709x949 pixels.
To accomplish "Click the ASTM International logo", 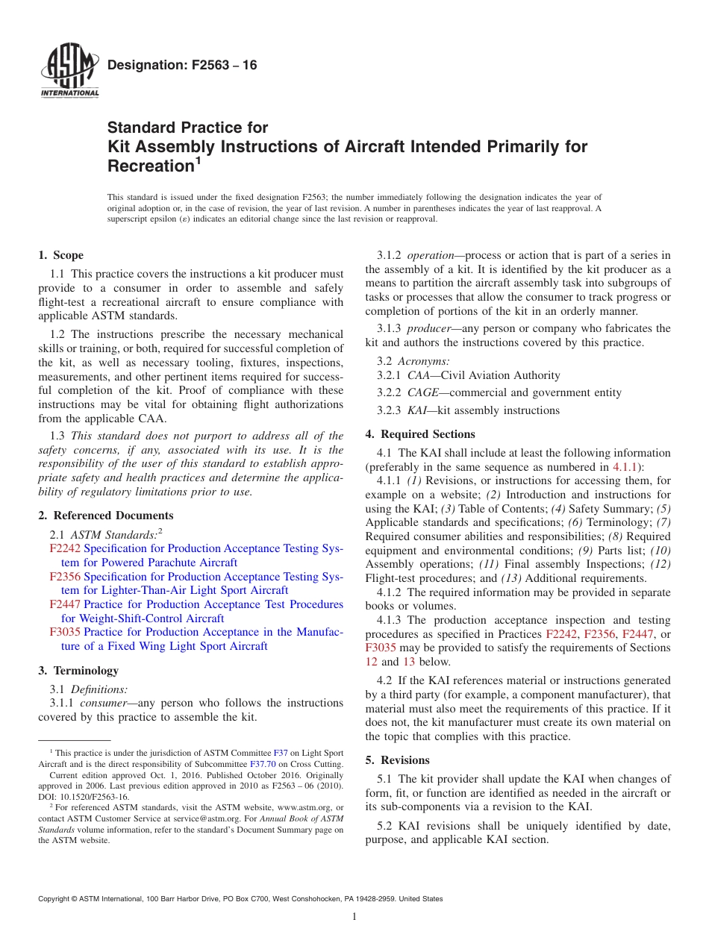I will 69,71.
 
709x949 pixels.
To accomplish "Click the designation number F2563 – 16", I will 182,65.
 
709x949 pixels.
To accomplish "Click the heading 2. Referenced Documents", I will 106,516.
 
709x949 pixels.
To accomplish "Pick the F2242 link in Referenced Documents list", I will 65,548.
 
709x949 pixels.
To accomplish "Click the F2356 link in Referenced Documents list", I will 65,577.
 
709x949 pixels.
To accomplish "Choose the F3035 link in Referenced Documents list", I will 65,632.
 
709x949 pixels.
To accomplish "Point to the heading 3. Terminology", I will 78,671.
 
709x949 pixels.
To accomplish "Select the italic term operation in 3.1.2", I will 431,255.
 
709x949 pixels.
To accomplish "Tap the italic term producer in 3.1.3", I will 428,328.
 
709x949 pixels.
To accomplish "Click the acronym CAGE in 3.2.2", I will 422,392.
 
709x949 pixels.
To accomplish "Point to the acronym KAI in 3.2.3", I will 417,410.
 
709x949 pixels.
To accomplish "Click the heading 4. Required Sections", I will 420,434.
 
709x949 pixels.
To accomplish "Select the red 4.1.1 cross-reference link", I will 625,467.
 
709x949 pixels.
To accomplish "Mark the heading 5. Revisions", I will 398,760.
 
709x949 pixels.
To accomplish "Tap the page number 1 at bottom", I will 354,917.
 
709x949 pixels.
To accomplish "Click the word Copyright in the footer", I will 55,899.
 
